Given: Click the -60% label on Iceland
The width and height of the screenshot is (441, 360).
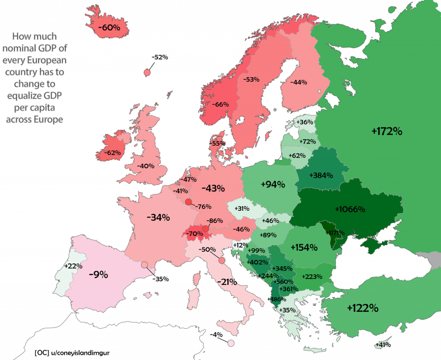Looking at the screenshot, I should pyautogui.click(x=109, y=28).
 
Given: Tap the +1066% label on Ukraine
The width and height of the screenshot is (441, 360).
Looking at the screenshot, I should pyautogui.click(x=350, y=210).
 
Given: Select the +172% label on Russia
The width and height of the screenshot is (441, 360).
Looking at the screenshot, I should pyautogui.click(x=387, y=131).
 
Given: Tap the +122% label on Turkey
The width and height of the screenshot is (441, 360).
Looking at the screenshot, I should pyautogui.click(x=363, y=308).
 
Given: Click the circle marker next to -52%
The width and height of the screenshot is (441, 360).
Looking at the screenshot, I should pyautogui.click(x=147, y=72).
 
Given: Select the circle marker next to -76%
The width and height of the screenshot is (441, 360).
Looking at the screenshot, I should pyautogui.click(x=188, y=202).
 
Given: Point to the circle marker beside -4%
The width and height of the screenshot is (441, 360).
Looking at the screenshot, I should pyautogui.click(x=231, y=343).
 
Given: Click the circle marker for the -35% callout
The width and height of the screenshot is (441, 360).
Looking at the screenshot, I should pyautogui.click(x=145, y=265).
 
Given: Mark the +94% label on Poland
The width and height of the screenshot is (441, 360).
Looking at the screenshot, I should pyautogui.click(x=273, y=185).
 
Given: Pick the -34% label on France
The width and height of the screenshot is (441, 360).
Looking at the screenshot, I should pyautogui.click(x=158, y=218).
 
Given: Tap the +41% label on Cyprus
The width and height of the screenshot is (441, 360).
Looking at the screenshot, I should pyautogui.click(x=382, y=344).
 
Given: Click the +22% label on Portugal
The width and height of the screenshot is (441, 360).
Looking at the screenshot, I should pyautogui.click(x=73, y=266).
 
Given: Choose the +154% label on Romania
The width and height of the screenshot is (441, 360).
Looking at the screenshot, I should pyautogui.click(x=304, y=247).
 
